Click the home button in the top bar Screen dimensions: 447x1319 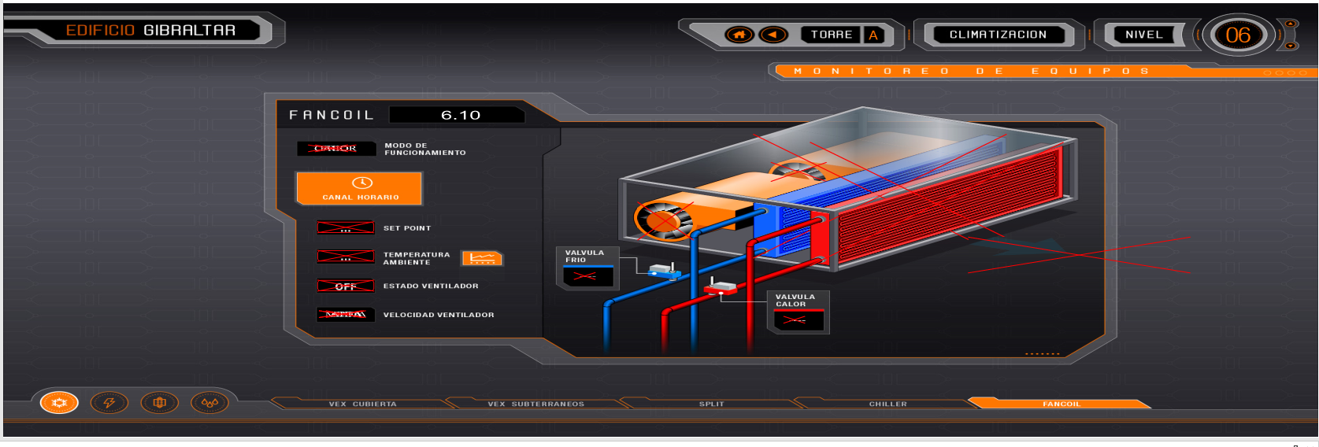739,35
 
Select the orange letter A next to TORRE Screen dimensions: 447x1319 873,35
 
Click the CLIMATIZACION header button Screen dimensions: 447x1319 998,35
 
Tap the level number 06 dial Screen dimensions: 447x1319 1237,35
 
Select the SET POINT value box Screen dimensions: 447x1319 345,228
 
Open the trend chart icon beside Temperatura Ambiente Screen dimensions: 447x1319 481,258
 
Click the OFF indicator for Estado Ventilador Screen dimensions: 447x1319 345,286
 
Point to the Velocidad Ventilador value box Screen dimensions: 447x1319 345,315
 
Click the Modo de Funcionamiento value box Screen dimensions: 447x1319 335,149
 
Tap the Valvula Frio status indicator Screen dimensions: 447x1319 587,276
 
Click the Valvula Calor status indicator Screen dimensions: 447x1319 798,320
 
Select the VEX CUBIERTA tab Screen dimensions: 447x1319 362,404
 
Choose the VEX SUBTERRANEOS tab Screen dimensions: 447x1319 535,404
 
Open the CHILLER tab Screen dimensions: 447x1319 887,404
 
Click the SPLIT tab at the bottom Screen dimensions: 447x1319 711,404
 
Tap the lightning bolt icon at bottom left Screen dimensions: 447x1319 109,403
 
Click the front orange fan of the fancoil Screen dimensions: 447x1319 665,221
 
